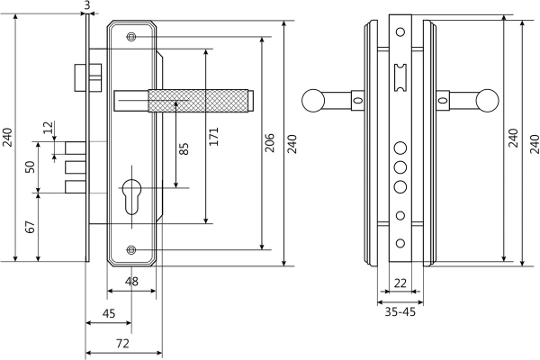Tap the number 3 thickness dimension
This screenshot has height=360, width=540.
(x=86, y=6)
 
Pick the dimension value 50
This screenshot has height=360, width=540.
(x=30, y=167)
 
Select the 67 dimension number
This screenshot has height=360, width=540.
(x=30, y=225)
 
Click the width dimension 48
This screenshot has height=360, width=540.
(x=131, y=283)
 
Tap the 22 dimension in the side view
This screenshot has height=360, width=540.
(x=400, y=283)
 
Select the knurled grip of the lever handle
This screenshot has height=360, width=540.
(x=202, y=100)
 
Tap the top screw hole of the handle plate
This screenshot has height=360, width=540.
(x=131, y=36)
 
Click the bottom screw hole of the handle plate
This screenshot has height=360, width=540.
(x=131, y=249)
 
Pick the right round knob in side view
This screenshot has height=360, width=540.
(x=489, y=99)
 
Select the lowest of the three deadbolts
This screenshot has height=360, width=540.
(x=76, y=188)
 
